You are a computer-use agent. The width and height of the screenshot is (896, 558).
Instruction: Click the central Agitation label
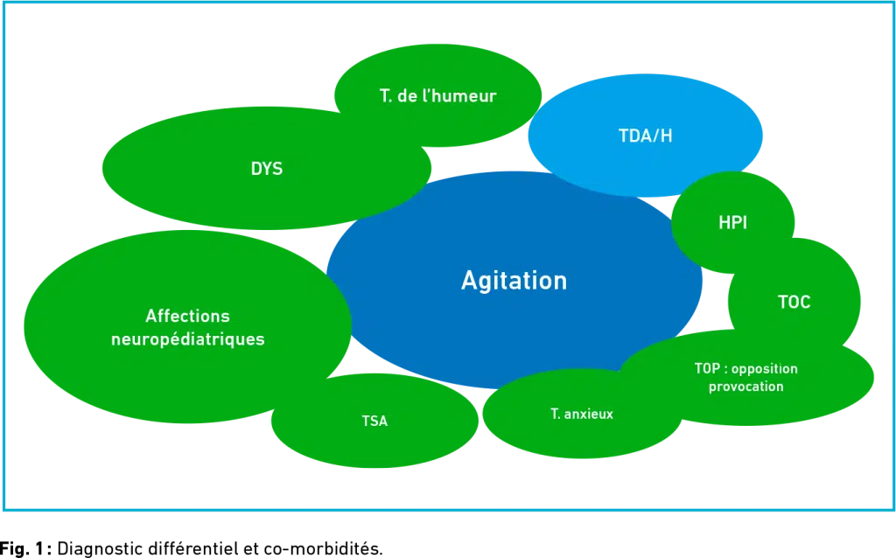point(514,281)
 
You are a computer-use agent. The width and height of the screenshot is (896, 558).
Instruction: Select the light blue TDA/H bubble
point(645,136)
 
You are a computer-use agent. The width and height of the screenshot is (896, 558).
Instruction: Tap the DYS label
point(267,169)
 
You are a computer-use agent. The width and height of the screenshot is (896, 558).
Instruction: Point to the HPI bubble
point(732,222)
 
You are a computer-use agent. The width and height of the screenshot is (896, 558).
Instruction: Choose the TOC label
point(794,302)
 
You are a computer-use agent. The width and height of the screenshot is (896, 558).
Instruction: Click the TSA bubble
point(374,421)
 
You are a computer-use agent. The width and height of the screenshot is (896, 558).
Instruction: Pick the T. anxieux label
point(582,414)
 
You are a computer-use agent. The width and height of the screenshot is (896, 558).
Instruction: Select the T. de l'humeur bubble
point(437,95)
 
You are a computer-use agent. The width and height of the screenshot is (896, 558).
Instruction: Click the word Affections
point(187,316)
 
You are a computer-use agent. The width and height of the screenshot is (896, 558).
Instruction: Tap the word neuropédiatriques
point(188,339)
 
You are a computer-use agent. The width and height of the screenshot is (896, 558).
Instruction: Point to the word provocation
point(746,387)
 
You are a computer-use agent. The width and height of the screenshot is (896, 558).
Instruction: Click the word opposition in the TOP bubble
point(765,369)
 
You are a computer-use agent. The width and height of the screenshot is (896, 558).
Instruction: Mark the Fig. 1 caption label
point(25,548)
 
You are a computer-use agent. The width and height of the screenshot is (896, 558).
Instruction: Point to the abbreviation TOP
point(707,368)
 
